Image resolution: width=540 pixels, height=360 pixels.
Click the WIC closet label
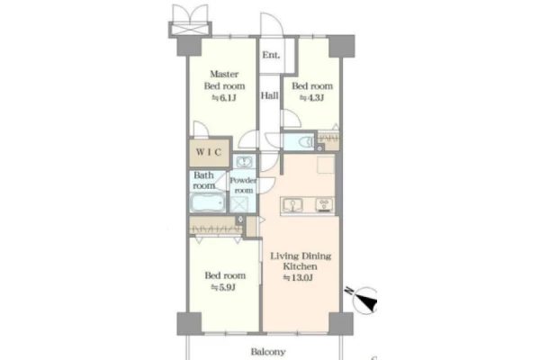(209, 152)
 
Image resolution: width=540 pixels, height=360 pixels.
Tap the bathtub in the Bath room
(208, 203)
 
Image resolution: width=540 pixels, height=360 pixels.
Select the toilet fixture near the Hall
(306, 141)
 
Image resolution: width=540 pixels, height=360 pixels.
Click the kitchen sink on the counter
(292, 205)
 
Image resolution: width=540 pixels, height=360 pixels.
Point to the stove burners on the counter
(324, 204)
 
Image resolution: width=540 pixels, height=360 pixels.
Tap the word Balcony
(268, 352)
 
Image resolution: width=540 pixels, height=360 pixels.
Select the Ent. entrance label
(271, 55)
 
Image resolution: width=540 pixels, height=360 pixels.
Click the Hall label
(269, 95)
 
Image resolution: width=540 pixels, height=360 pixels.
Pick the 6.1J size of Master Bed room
(224, 98)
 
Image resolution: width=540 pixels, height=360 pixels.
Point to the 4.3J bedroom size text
(312, 98)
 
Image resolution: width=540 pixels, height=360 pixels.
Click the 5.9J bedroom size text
(223, 287)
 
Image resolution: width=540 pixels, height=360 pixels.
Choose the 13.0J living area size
(298, 278)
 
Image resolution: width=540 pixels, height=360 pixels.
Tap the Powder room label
(244, 185)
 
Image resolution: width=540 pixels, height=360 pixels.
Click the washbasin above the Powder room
(244, 162)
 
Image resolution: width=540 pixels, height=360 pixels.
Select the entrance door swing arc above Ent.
(272, 24)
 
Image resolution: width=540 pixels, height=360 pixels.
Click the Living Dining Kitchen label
(301, 261)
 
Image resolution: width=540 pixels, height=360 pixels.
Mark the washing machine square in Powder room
(239, 204)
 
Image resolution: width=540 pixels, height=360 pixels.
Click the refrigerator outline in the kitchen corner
(326, 165)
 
